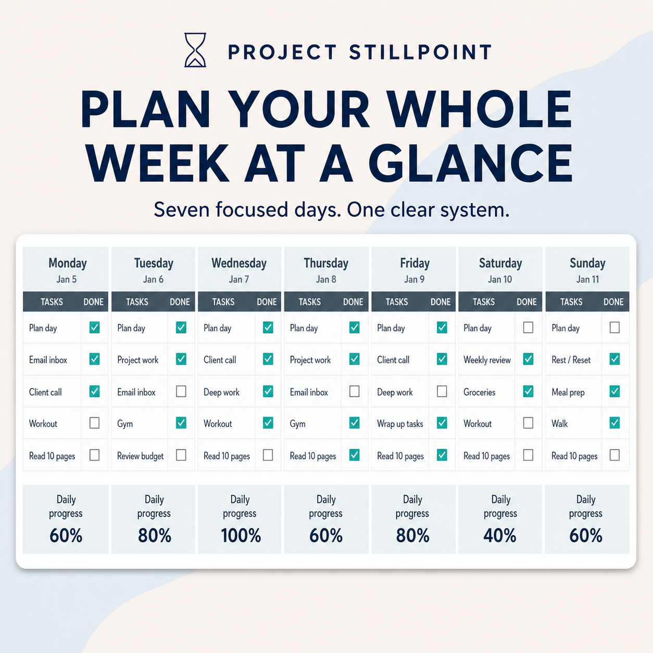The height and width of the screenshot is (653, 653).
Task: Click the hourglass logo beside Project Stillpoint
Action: tap(195, 50)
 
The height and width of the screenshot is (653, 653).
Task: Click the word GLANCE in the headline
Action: tap(471, 163)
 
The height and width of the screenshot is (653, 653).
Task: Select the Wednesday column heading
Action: tap(239, 263)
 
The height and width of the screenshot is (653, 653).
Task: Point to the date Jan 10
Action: tap(500, 279)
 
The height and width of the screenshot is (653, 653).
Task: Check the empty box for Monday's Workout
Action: tap(95, 423)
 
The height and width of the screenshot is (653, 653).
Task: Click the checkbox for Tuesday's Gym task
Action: tap(181, 423)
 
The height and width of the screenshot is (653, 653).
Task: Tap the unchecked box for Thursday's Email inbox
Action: tap(355, 392)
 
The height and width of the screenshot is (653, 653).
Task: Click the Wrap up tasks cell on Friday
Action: tap(400, 424)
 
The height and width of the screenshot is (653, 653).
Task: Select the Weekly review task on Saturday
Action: tap(487, 360)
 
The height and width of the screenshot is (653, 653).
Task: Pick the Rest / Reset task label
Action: tap(571, 360)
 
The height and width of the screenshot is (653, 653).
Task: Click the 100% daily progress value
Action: tap(241, 535)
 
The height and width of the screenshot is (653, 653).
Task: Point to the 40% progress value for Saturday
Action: tap(500, 535)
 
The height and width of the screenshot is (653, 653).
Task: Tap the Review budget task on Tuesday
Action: tap(140, 456)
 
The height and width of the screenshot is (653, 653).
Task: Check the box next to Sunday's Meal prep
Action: tap(614, 392)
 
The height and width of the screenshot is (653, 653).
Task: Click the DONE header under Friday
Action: tap(441, 302)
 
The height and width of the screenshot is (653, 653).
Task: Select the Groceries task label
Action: tap(479, 392)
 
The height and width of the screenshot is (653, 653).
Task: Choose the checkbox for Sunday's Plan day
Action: tap(614, 328)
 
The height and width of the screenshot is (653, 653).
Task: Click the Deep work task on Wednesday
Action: tap(221, 392)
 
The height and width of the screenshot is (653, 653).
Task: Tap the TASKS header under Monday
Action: tap(52, 302)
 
